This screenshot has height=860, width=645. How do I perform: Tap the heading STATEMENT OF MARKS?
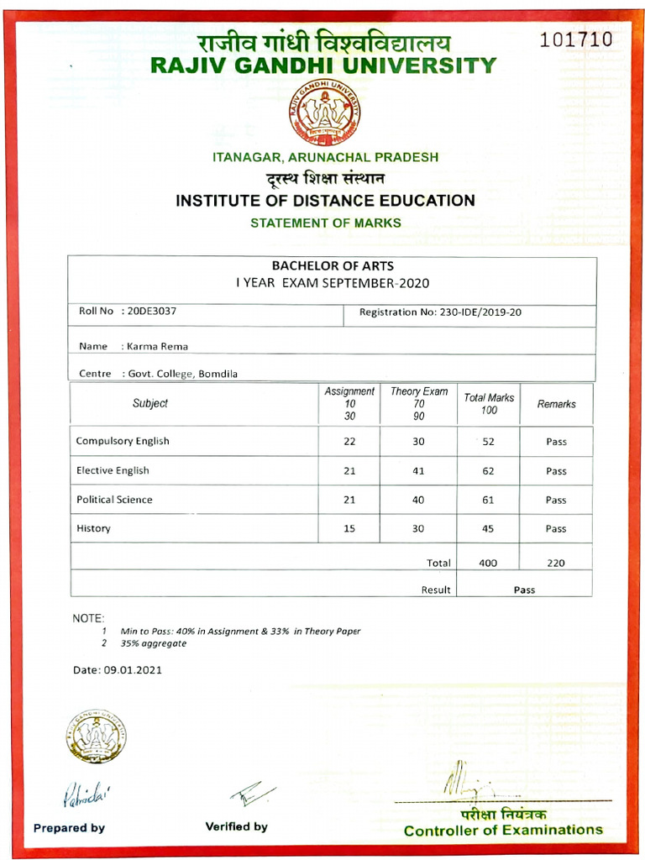(325, 223)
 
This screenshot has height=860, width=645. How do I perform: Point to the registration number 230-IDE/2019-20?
(480, 312)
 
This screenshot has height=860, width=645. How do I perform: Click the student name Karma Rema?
(157, 346)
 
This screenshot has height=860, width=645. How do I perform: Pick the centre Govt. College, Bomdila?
(182, 374)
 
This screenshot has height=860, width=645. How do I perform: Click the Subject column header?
(150, 404)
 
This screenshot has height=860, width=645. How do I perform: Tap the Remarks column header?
(556, 404)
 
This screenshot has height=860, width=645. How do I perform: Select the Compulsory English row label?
(123, 441)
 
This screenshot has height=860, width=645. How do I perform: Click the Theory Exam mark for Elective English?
(418, 471)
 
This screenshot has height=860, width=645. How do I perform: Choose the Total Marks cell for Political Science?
(488, 500)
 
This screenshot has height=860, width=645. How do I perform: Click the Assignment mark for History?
(349, 529)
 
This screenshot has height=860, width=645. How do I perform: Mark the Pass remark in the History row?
(556, 529)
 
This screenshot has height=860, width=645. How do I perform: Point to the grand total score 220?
(556, 564)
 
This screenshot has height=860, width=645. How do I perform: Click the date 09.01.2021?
(132, 670)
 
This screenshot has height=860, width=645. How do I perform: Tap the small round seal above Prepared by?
(95, 737)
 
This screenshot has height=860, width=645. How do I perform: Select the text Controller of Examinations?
(503, 830)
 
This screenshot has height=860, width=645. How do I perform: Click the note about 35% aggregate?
(153, 643)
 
